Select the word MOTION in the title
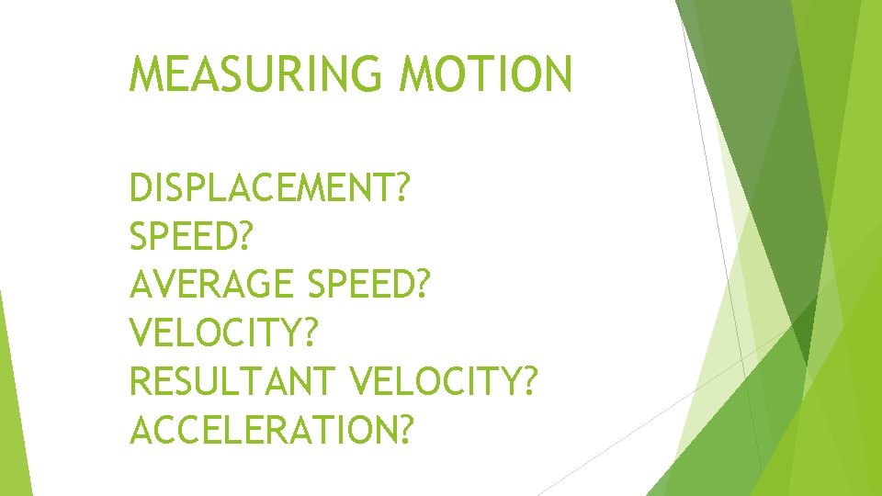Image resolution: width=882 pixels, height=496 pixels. point(486,74)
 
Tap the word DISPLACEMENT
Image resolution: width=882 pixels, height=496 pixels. point(260,188)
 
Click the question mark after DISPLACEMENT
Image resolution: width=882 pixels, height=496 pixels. point(401,188)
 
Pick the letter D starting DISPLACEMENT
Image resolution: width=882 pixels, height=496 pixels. point(141,188)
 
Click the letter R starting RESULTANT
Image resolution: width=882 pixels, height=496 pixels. point(141,380)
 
